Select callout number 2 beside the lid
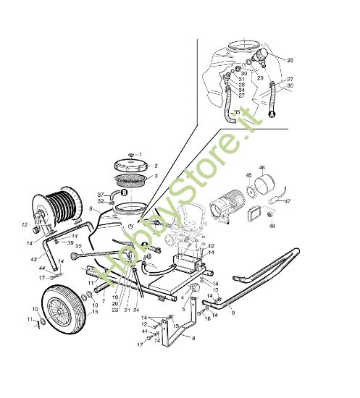[x=154, y=166]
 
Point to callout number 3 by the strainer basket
[x=155, y=177]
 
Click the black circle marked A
[x=273, y=114]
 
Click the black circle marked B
[x=125, y=192]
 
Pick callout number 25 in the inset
[x=290, y=59]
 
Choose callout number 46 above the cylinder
[x=282, y=167]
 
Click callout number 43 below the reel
[x=33, y=260]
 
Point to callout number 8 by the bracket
[x=193, y=338]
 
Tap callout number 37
[x=101, y=194]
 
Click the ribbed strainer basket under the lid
[x=131, y=178]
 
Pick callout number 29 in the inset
[x=259, y=77]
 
